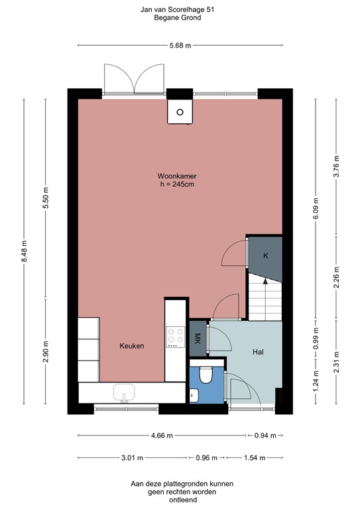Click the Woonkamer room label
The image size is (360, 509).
[176, 176]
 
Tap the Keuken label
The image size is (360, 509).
[132, 346]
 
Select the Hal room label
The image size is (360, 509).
[259, 352]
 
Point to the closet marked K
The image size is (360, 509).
[265, 255]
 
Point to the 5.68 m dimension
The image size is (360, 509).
[180, 45]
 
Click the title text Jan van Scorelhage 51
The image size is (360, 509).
[180, 10]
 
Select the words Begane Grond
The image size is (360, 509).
[180, 19]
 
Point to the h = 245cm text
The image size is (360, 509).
[176, 184]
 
